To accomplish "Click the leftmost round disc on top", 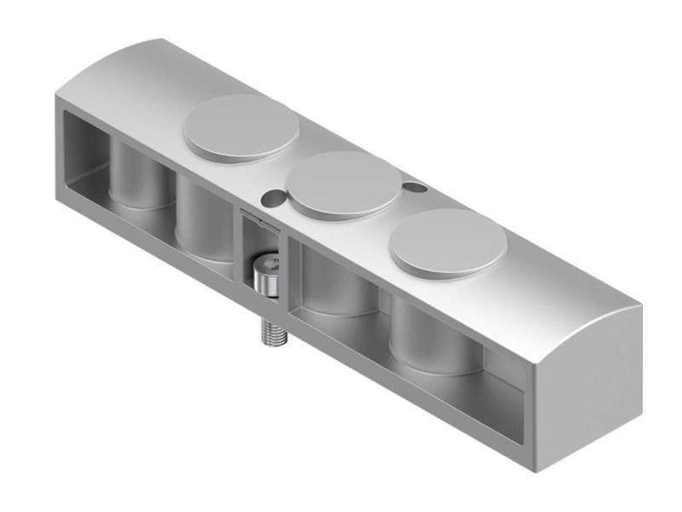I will coord(242,128).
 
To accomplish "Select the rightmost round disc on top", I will coord(448,241).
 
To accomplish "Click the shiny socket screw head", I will coord(268,277).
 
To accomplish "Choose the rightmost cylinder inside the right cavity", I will coord(431,337).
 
